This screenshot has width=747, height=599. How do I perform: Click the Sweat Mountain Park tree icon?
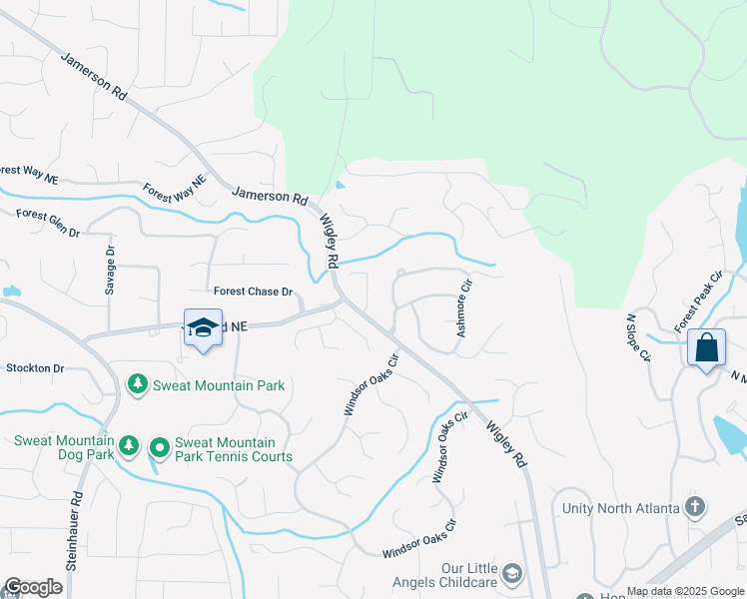coord(137,384)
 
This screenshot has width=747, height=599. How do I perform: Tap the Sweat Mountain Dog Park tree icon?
coord(128,446)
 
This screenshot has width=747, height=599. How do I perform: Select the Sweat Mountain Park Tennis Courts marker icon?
coord(159,448)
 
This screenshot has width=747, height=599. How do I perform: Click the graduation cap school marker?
coord(203,328)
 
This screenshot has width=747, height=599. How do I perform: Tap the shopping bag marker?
coord(706,348)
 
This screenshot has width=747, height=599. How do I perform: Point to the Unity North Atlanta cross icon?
coord(695,507)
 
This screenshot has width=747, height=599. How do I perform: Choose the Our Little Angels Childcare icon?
coord(512,572)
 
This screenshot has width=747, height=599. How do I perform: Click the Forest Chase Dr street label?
coord(253,292)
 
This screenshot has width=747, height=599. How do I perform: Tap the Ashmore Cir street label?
coord(462,306)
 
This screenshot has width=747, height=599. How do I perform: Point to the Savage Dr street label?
coord(110,271)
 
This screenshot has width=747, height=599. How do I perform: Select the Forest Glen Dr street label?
coord(47,221)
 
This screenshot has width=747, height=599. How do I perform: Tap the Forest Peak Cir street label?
coord(697,300)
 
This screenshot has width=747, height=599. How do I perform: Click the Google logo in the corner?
coord(33,587)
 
